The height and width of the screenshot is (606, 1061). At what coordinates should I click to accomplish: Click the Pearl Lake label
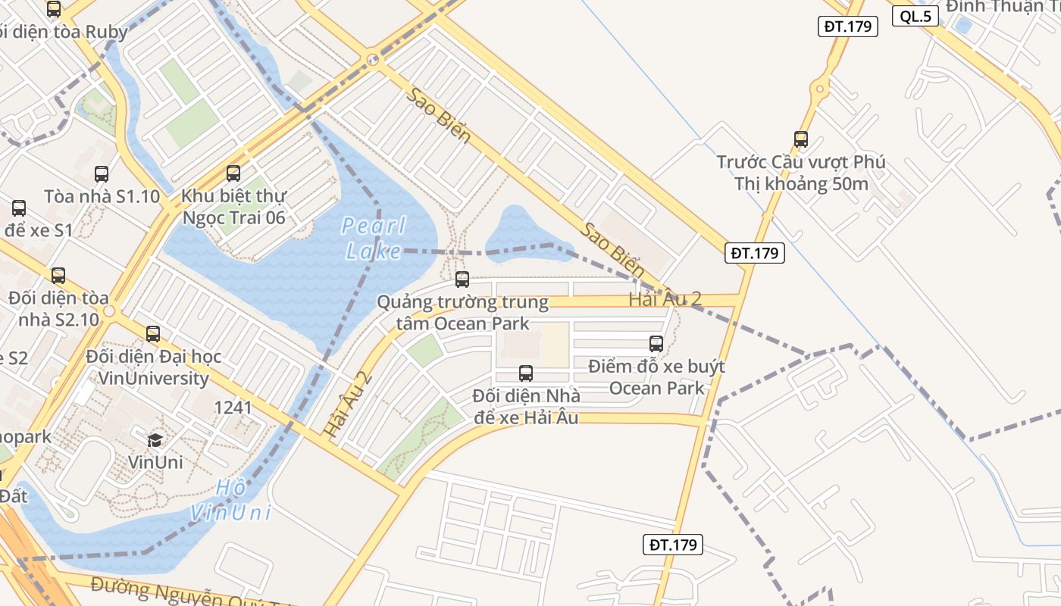pyautogui.click(x=374, y=238)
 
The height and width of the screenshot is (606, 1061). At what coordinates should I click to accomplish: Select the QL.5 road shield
pyautogui.click(x=915, y=16)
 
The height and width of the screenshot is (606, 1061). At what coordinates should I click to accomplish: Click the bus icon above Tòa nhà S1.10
pyautogui.click(x=102, y=174)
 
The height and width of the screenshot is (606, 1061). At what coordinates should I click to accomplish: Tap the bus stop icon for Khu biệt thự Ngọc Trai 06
pyautogui.click(x=233, y=173)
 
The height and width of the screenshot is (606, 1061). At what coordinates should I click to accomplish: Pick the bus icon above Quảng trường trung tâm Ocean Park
pyautogui.click(x=462, y=280)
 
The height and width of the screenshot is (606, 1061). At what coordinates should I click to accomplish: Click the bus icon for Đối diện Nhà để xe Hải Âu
pyautogui.click(x=526, y=373)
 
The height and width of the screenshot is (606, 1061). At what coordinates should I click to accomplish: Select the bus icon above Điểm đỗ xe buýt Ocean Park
pyautogui.click(x=656, y=343)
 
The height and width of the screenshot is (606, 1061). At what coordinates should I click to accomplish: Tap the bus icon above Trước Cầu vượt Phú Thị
pyautogui.click(x=801, y=139)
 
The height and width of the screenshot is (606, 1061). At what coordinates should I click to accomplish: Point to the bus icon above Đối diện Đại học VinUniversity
pyautogui.click(x=153, y=333)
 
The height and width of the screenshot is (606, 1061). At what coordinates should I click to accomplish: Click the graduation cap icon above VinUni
pyautogui.click(x=155, y=440)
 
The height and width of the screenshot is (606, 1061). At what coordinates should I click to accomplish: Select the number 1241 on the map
pyautogui.click(x=233, y=408)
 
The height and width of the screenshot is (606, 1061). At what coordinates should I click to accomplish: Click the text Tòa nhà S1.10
pyautogui.click(x=102, y=197)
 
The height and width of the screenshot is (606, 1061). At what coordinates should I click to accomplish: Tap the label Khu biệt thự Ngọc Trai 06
pyautogui.click(x=233, y=207)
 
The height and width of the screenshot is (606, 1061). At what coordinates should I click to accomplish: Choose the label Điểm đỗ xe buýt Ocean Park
pyautogui.click(x=656, y=377)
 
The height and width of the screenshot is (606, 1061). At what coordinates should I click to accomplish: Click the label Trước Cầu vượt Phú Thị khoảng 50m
pyautogui.click(x=801, y=173)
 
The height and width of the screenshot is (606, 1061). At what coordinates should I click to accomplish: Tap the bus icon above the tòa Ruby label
pyautogui.click(x=54, y=9)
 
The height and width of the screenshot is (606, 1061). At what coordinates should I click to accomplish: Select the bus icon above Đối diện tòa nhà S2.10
pyautogui.click(x=58, y=276)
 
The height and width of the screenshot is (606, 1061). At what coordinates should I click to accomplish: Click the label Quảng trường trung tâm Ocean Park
pyautogui.click(x=462, y=313)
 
